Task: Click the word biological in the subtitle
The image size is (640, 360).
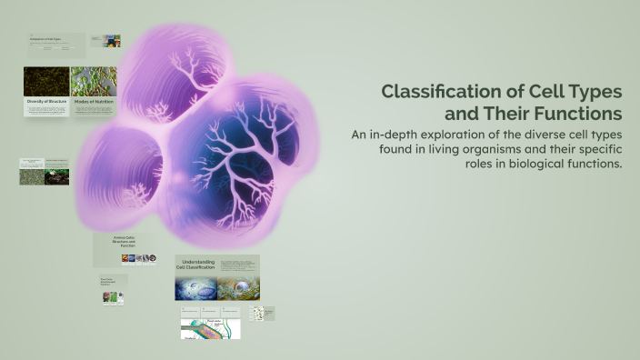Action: point(517,164)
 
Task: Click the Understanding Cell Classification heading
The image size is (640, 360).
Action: point(195,265)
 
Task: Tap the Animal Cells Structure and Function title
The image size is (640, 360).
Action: point(124,242)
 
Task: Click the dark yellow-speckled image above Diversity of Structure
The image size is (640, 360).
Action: point(46,81)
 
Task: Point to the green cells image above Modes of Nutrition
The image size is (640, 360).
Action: point(94,81)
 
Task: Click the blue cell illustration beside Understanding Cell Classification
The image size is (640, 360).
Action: point(195,288)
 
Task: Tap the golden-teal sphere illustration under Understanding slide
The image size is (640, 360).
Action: point(238,288)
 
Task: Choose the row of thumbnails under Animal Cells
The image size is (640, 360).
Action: point(135,258)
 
